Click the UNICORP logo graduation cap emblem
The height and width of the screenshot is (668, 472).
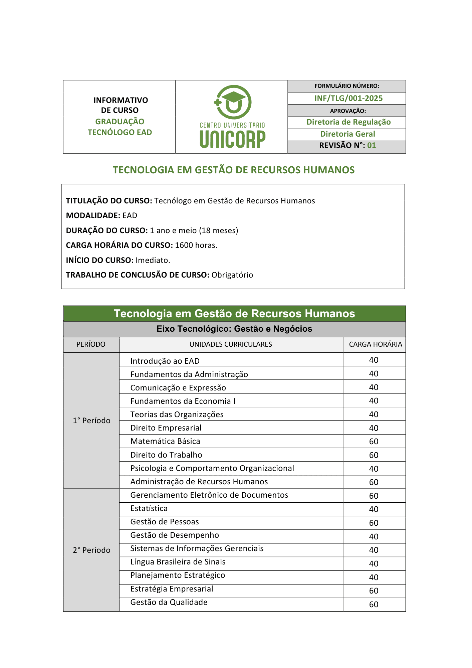click(x=233, y=102)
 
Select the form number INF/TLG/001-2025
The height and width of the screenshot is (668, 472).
click(x=348, y=98)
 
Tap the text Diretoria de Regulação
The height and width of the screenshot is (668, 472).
click(x=348, y=122)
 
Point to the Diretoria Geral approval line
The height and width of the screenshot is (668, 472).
click(x=347, y=134)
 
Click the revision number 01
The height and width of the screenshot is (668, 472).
click(x=372, y=145)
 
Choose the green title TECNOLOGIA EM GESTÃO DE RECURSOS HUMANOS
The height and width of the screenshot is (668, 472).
click(x=234, y=170)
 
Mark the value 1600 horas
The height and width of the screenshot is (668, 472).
click(x=196, y=245)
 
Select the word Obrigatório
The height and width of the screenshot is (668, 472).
click(x=232, y=275)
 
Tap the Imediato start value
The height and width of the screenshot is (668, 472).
click(x=153, y=260)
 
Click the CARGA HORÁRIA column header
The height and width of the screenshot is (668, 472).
click(x=376, y=344)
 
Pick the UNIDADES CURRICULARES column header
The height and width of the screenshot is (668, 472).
click(x=231, y=344)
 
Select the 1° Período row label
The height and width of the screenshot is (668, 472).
click(x=91, y=421)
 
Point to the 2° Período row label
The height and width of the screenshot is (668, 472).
click(x=91, y=550)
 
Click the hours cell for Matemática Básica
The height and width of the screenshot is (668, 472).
click(x=374, y=442)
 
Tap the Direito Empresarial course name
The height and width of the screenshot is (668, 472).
click(x=166, y=428)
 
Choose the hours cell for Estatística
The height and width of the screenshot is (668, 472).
click(x=374, y=509)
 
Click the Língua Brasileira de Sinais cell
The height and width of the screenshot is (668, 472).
click(x=178, y=562)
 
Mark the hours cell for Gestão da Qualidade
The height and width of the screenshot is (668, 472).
click(x=374, y=605)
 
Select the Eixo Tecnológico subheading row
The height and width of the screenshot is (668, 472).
click(x=234, y=329)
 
